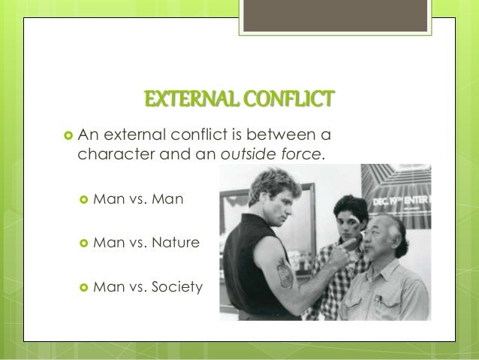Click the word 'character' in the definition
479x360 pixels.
[113, 155]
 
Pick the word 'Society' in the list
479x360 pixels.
[178, 286]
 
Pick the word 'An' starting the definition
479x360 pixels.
[88, 135]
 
